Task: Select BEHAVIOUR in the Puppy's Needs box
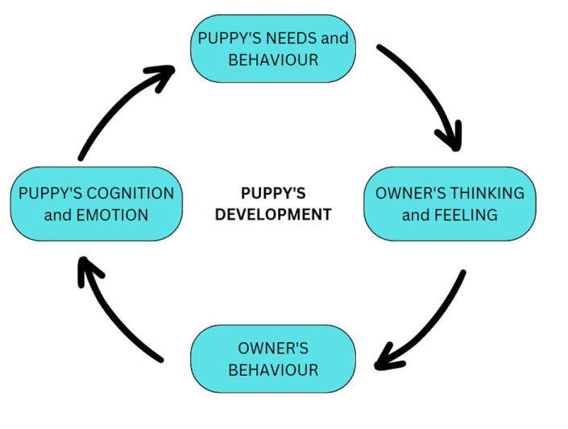tap(273, 60)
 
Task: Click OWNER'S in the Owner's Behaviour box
tap(273, 349)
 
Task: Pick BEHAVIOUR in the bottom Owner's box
tap(273, 370)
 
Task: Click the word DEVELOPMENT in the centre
tap(273, 214)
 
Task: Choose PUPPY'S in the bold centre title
tap(273, 193)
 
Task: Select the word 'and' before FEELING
tap(416, 215)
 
